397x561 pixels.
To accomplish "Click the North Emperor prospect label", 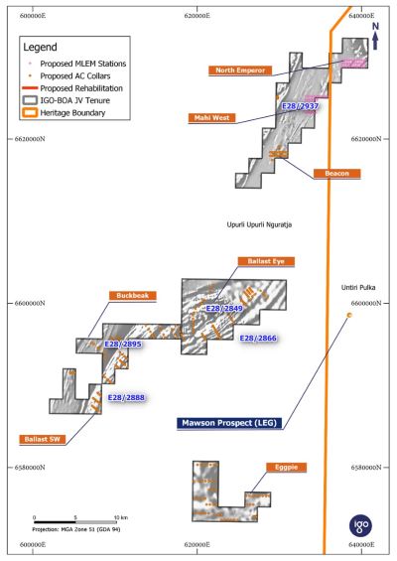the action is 240,70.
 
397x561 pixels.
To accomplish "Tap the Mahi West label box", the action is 211,118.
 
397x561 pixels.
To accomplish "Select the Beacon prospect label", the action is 336,174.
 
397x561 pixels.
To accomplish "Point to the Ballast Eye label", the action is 266,261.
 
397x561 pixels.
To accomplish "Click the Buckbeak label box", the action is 133,296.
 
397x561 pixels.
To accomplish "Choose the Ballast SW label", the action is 43,439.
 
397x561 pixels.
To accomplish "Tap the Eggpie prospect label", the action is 286,468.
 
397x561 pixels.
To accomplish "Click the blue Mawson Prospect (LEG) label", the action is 229,423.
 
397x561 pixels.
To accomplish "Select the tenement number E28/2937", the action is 300,106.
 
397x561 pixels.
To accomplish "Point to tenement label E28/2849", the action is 224,309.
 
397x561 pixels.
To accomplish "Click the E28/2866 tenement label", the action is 258,339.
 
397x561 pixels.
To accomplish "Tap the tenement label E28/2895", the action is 123,345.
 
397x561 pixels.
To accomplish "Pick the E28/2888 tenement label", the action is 127,397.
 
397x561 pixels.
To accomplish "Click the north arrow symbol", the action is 375,36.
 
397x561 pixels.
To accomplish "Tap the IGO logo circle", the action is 360,525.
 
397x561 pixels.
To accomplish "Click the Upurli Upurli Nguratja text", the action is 259,224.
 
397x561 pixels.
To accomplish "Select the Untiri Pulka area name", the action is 358,287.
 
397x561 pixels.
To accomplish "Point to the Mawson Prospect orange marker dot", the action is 349,315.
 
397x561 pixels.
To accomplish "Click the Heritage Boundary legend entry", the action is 65,113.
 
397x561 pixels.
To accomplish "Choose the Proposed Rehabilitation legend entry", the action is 72,88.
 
